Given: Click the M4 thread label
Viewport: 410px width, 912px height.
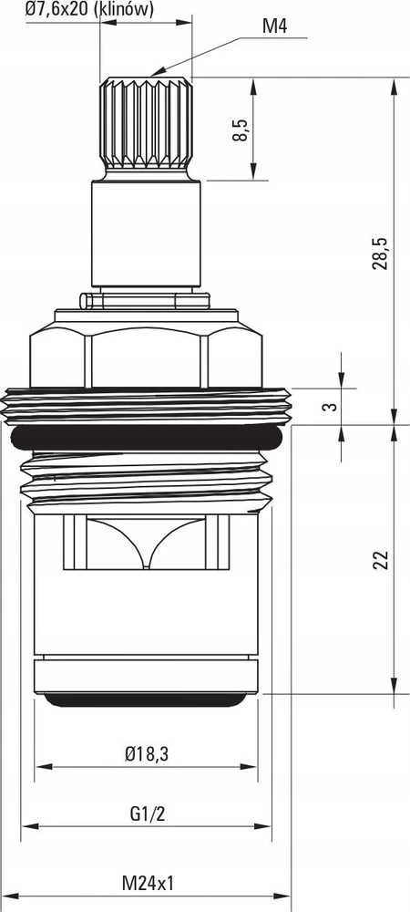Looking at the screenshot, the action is pyautogui.click(x=274, y=26).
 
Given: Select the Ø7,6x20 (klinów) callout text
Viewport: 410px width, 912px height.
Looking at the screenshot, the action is pyautogui.click(x=89, y=9).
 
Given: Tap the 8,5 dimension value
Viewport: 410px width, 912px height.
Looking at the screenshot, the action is pyautogui.click(x=240, y=130).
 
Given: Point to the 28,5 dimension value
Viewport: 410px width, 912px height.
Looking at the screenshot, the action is pyautogui.click(x=380, y=253).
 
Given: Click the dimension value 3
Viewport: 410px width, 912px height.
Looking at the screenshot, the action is pyautogui.click(x=330, y=406).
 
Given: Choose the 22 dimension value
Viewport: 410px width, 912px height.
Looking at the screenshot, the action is pyautogui.click(x=380, y=559).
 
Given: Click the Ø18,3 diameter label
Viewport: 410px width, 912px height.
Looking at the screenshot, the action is pyautogui.click(x=147, y=754).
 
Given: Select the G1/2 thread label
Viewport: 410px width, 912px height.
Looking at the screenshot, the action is pyautogui.click(x=147, y=814).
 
